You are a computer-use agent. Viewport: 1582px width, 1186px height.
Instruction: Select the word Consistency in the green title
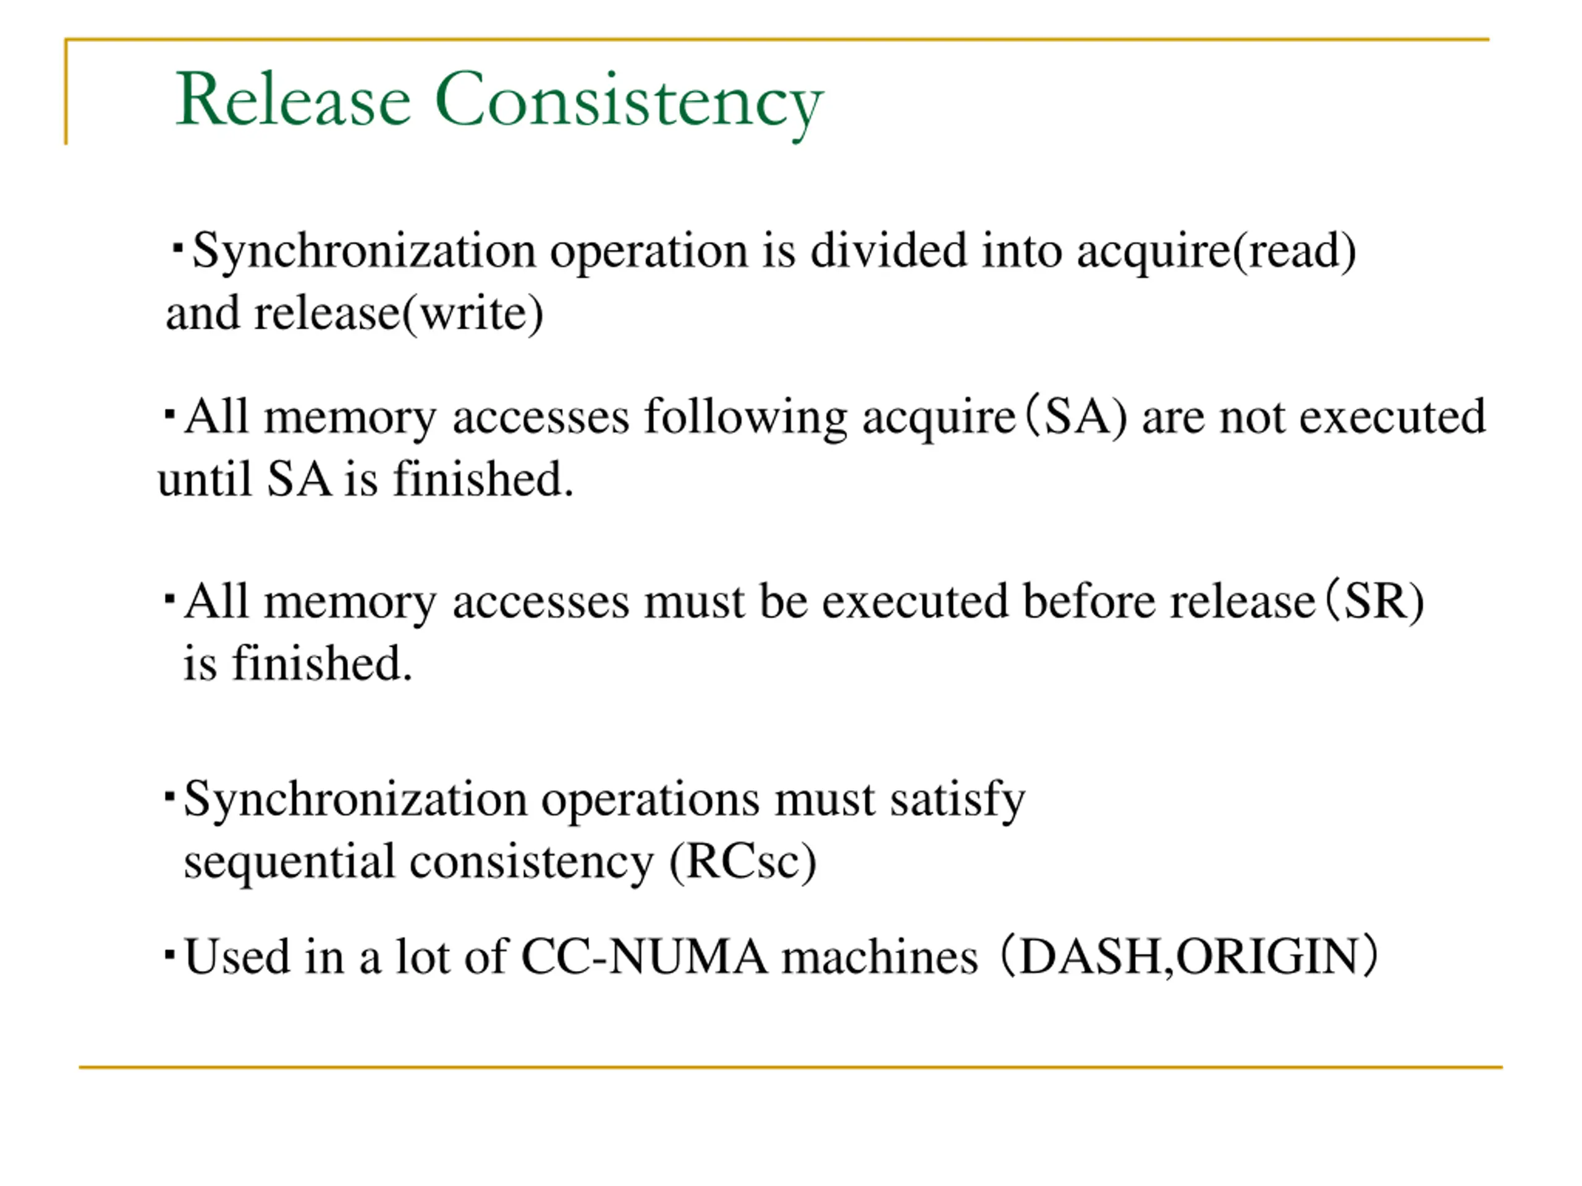tap(628, 101)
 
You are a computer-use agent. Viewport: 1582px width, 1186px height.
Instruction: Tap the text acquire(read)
tap(1216, 251)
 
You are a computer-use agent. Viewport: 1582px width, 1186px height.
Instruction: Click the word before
tap(1088, 601)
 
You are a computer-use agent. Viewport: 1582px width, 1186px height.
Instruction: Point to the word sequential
tap(289, 862)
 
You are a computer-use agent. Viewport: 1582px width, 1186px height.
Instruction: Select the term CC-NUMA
tap(644, 956)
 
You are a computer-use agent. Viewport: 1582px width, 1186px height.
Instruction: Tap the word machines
tap(880, 956)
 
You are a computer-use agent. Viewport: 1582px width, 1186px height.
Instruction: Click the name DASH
tap(1091, 956)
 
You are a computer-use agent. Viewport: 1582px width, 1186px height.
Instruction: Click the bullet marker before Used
tap(169, 954)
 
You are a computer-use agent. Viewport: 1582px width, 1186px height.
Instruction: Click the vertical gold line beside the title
tap(66, 93)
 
